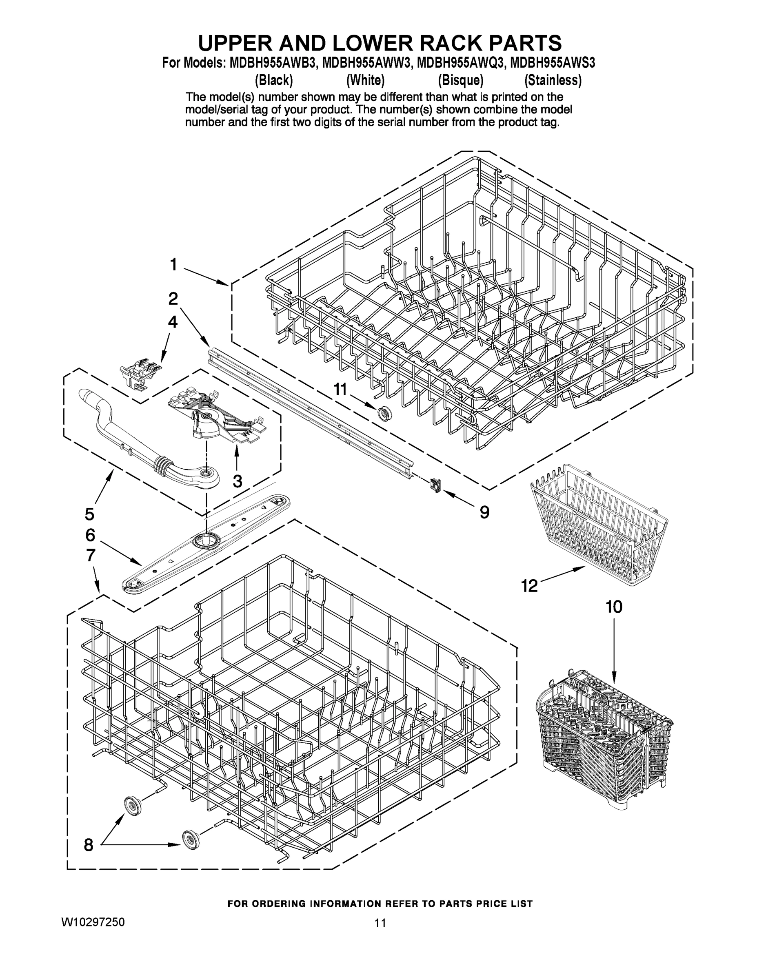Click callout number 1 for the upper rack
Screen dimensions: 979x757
pyautogui.click(x=173, y=264)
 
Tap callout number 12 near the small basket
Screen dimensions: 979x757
pyautogui.click(x=530, y=585)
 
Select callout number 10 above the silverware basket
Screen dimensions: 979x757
pyautogui.click(x=614, y=607)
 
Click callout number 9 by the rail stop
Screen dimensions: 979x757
pyautogui.click(x=484, y=512)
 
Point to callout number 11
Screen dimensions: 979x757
pyautogui.click(x=340, y=389)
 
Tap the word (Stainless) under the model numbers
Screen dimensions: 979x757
pyautogui.click(x=553, y=80)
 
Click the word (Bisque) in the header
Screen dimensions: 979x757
pyautogui.click(x=461, y=80)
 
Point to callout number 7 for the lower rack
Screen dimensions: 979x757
pyautogui.click(x=90, y=556)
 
